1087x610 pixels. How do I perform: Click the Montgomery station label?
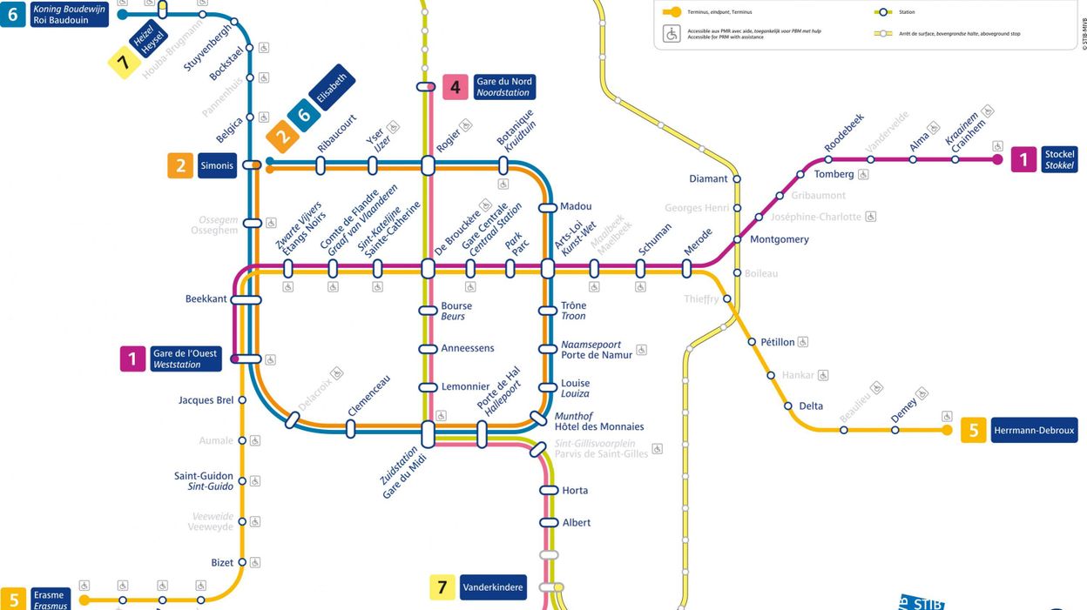point(779,239)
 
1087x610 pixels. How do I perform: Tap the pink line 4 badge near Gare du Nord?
point(456,87)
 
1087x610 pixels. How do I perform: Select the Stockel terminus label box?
point(1059,160)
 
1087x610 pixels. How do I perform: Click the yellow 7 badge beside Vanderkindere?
point(442,587)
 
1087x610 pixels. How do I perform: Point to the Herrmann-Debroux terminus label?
point(1033,430)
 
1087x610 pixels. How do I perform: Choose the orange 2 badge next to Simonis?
point(180,165)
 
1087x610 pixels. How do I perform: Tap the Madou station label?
point(576,207)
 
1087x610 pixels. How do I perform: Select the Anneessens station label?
point(468,348)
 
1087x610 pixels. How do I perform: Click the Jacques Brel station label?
point(206,400)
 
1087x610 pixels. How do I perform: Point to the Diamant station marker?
point(737,179)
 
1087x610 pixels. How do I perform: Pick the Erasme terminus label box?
point(49,600)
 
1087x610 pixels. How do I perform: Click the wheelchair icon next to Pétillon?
point(803,342)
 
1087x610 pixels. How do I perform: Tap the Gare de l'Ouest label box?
point(185,359)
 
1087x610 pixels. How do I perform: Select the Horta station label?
point(575,491)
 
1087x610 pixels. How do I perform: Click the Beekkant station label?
point(206,299)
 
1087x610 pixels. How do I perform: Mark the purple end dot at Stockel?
point(997,160)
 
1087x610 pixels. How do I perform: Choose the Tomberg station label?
point(834,174)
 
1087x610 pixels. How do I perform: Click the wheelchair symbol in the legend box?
point(672,33)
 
